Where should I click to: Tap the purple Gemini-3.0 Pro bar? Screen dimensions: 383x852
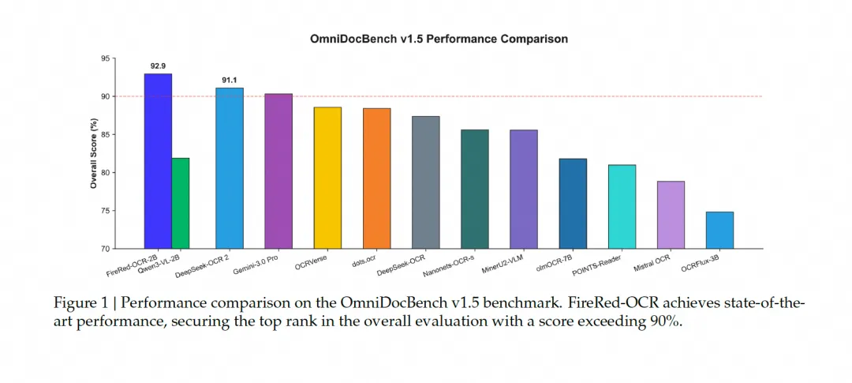click(278, 171)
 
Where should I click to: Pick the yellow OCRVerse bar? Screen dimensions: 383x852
click(327, 178)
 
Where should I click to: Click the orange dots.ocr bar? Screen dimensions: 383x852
click(376, 178)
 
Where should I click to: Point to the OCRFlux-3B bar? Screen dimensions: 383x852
click(719, 230)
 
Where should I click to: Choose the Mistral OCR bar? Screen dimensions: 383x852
click(671, 215)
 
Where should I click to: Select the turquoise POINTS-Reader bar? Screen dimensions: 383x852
click(622, 206)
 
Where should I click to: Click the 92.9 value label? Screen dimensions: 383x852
click(159, 66)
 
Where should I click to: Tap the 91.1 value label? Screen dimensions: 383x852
click(230, 80)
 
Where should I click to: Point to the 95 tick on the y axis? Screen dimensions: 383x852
click(106, 58)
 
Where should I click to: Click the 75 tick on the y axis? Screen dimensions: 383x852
click(106, 211)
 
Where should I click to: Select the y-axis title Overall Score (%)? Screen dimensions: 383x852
click(93, 153)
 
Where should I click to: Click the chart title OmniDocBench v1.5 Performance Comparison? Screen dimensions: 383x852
click(439, 38)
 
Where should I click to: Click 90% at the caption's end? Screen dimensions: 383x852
click(663, 324)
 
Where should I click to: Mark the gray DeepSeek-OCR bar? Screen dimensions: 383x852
click(425, 182)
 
